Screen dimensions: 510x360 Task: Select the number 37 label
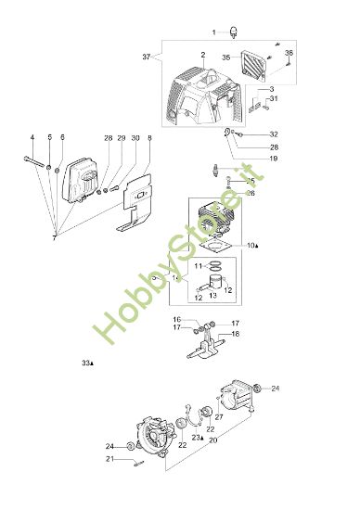click(x=147, y=57)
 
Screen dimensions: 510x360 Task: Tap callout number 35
click(x=225, y=57)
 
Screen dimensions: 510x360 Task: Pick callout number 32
click(x=274, y=134)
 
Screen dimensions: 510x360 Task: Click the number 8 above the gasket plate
click(x=149, y=138)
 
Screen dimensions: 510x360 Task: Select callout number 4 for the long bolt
click(x=32, y=138)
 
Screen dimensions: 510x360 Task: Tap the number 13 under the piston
click(x=212, y=296)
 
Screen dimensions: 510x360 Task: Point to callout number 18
click(x=236, y=334)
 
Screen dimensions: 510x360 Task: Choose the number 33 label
click(x=87, y=363)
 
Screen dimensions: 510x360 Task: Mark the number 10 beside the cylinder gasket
click(x=251, y=246)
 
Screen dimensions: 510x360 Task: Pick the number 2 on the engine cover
click(x=201, y=55)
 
